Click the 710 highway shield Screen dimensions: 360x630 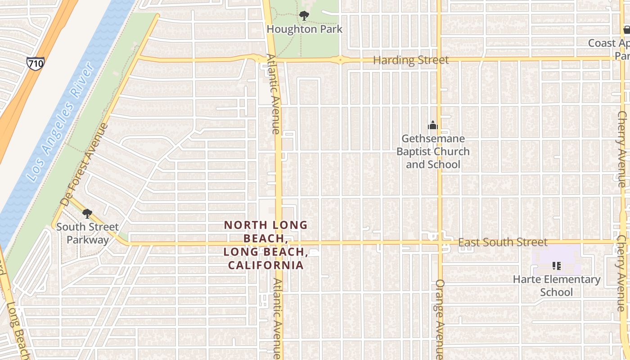[x=35, y=63]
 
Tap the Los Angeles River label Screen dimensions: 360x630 [x=61, y=123]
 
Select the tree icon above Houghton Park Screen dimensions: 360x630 [x=304, y=16]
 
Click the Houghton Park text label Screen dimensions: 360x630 [x=305, y=29]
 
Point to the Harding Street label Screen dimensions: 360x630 [x=411, y=60]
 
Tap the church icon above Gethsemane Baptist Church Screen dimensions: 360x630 [x=433, y=125]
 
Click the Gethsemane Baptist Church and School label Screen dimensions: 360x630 [x=433, y=152]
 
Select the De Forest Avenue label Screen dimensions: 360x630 [x=85, y=165]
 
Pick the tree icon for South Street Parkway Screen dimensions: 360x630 [x=87, y=213]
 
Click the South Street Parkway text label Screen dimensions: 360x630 [x=87, y=233]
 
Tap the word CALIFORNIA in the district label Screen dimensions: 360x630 [x=265, y=265]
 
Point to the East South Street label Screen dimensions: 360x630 [x=503, y=243]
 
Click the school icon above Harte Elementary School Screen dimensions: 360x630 [x=557, y=266]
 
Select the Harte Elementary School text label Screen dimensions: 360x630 [x=557, y=286]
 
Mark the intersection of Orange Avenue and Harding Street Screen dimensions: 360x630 [x=439, y=59]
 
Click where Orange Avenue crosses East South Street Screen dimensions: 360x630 [x=440, y=243]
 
